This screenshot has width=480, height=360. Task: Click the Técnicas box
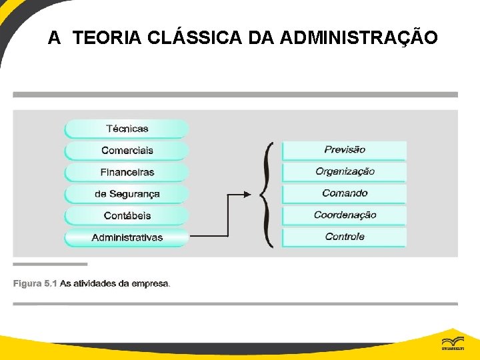(x=127, y=129)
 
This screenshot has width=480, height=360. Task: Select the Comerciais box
(x=127, y=151)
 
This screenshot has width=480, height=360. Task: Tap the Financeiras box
(x=127, y=172)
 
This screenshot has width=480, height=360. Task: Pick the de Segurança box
(x=127, y=194)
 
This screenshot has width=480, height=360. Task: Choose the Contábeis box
(x=127, y=216)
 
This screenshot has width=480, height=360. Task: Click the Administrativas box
(x=127, y=237)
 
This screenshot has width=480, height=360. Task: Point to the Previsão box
(x=344, y=150)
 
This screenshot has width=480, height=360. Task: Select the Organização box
(x=344, y=172)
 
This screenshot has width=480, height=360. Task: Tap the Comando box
(x=344, y=193)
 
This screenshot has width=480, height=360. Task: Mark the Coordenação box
(x=344, y=215)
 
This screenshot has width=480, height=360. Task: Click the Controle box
(x=344, y=237)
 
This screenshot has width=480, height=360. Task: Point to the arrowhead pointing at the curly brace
(x=248, y=195)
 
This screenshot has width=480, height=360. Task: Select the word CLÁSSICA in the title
(x=194, y=39)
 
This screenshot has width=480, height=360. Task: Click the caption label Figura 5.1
(x=35, y=284)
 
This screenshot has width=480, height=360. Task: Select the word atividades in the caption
(x=93, y=284)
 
